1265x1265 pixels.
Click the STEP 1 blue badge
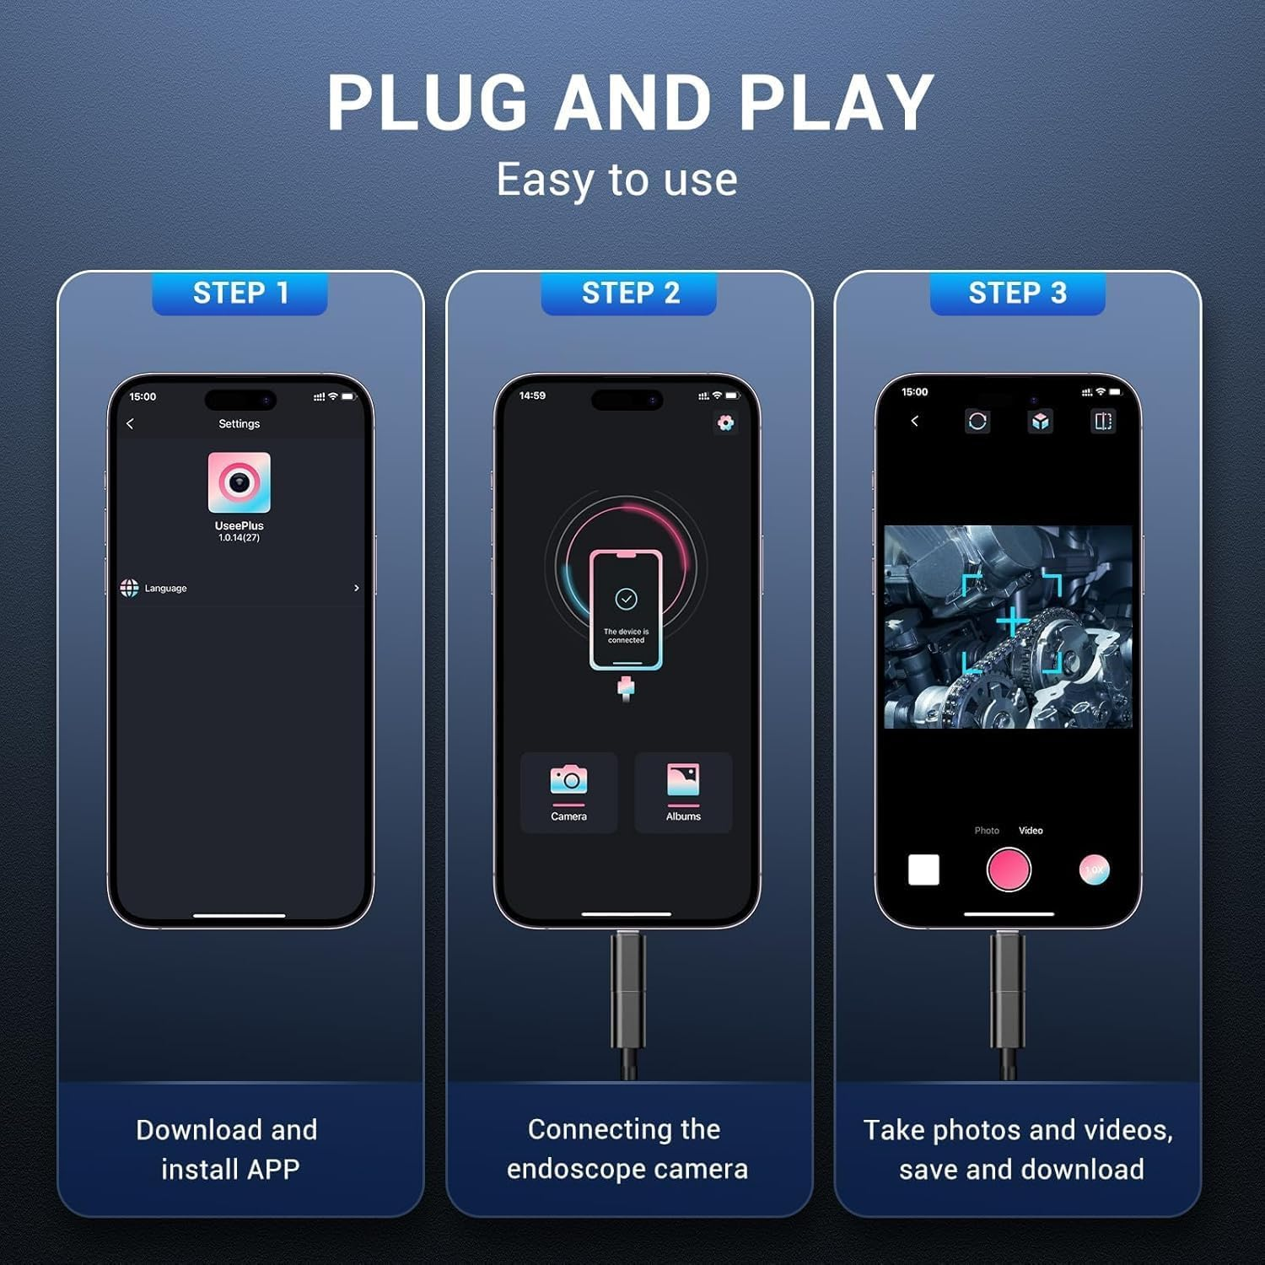point(240,293)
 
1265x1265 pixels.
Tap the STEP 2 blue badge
point(628,293)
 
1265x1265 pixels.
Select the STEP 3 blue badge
point(1017,293)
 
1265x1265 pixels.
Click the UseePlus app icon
point(240,482)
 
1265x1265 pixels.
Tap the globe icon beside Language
point(129,588)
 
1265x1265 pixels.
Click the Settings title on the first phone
point(240,423)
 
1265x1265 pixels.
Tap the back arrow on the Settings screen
point(130,423)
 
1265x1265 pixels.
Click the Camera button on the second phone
point(569,793)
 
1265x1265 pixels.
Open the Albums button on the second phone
point(683,793)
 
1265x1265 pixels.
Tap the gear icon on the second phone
point(725,423)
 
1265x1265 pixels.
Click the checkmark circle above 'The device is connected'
point(626,599)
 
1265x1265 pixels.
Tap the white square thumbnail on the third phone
point(923,869)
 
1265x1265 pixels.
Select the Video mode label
point(1031,831)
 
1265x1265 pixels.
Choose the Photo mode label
point(987,831)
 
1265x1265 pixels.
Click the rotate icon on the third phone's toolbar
point(977,421)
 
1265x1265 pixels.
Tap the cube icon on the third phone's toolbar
point(1041,421)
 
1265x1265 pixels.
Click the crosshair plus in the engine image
point(1011,622)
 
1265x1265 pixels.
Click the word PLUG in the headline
point(427,103)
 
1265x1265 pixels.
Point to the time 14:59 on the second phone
point(532,396)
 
